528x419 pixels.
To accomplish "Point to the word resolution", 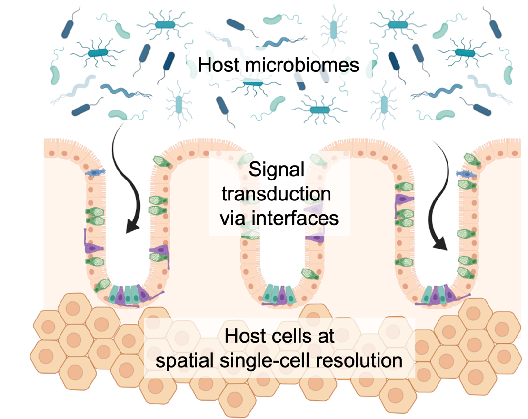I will [362, 360].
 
